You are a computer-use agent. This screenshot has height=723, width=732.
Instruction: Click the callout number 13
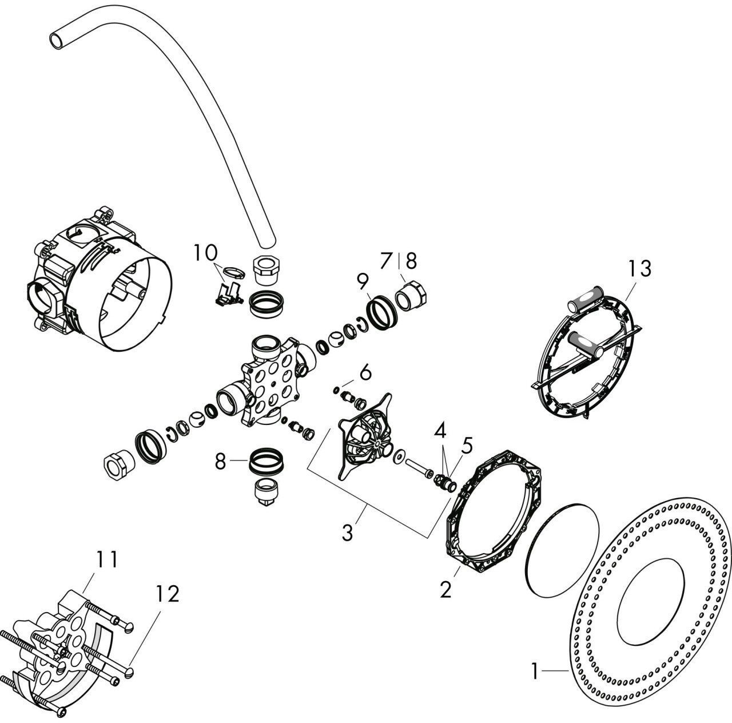(639, 268)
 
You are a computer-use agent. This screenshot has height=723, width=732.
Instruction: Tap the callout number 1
(535, 671)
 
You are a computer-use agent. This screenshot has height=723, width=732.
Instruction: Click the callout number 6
(365, 372)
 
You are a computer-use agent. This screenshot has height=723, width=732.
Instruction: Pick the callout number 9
(363, 281)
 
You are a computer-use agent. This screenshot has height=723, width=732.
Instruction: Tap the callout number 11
(107, 560)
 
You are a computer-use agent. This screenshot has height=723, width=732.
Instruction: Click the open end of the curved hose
(57, 40)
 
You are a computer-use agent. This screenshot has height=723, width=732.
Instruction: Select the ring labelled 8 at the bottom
(266, 460)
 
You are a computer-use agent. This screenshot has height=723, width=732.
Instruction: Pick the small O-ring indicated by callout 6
(336, 390)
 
